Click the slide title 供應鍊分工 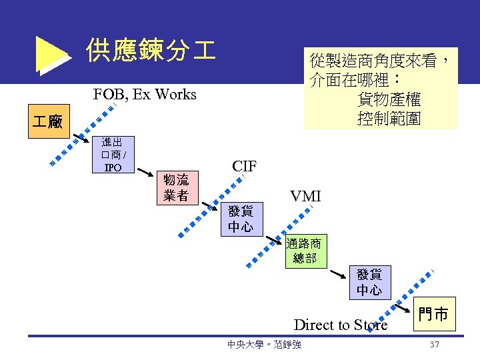151,51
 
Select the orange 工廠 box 48,121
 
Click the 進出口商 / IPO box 112,154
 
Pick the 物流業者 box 176,187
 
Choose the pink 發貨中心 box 240,219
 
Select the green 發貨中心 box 369,282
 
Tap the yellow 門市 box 433,314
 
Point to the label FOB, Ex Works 145,95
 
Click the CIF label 245,165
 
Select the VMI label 305,196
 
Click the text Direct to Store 340,325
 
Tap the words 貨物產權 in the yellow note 389,100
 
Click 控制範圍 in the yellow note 389,119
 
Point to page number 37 435,345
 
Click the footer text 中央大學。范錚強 264,345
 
